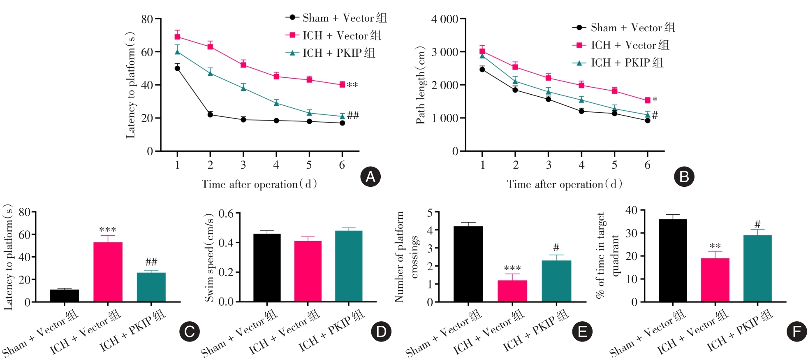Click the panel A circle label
tap(370, 177)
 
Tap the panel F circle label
tap(796, 332)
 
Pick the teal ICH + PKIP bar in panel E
tap(556, 281)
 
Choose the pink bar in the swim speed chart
tap(308, 271)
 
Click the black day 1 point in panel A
tap(177, 68)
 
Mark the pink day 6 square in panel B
tap(648, 100)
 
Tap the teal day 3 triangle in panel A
tap(243, 88)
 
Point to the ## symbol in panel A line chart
tap(353, 115)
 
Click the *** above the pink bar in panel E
tap(512, 268)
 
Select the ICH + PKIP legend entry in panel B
tap(618, 63)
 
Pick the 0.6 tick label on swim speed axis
tap(226, 214)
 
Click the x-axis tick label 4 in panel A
tap(276, 165)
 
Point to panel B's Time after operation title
tap(564, 184)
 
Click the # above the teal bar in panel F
tap(757, 225)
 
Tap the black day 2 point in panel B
tap(515, 90)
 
